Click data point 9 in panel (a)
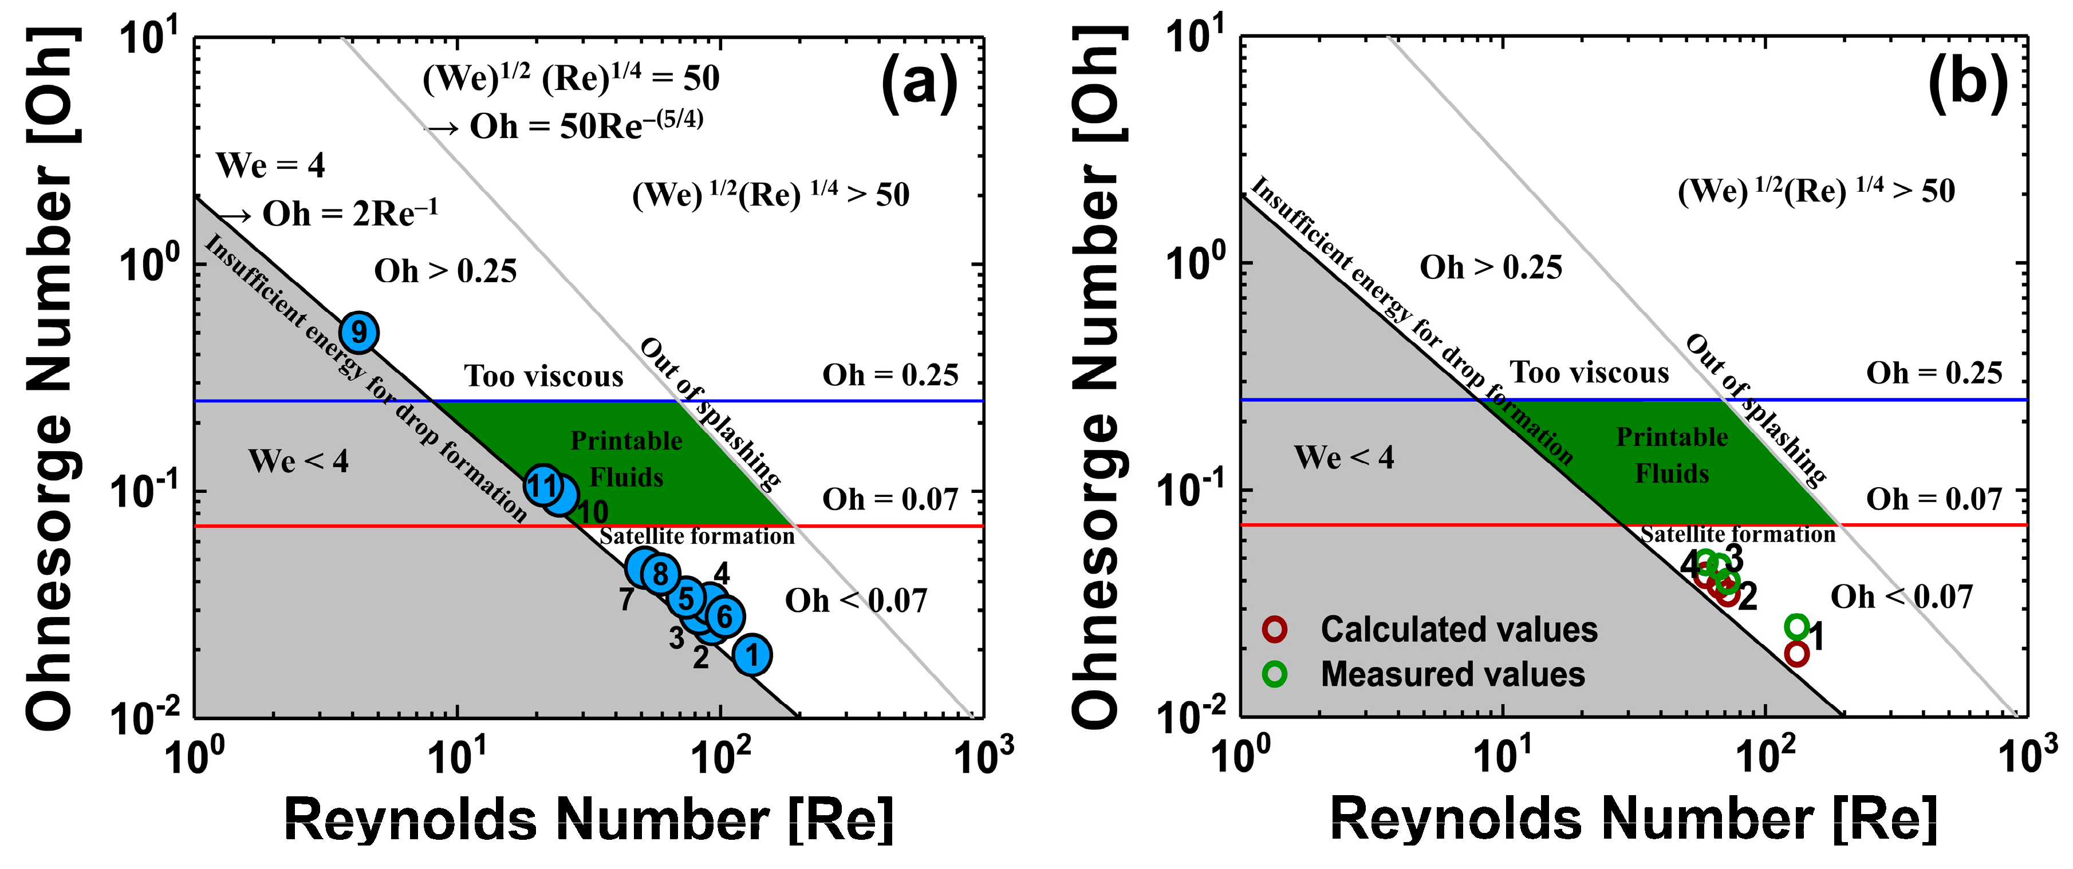(359, 331)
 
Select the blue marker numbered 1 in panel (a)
(752, 654)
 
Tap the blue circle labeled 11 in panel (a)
(544, 485)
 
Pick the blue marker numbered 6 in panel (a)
(724, 617)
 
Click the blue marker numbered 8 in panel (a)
(660, 574)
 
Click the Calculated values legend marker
(1275, 629)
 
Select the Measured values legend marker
(1275, 673)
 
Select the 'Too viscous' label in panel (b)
(1589, 373)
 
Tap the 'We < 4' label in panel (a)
(298, 461)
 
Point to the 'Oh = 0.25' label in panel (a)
(890, 375)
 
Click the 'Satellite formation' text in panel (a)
(697, 536)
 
